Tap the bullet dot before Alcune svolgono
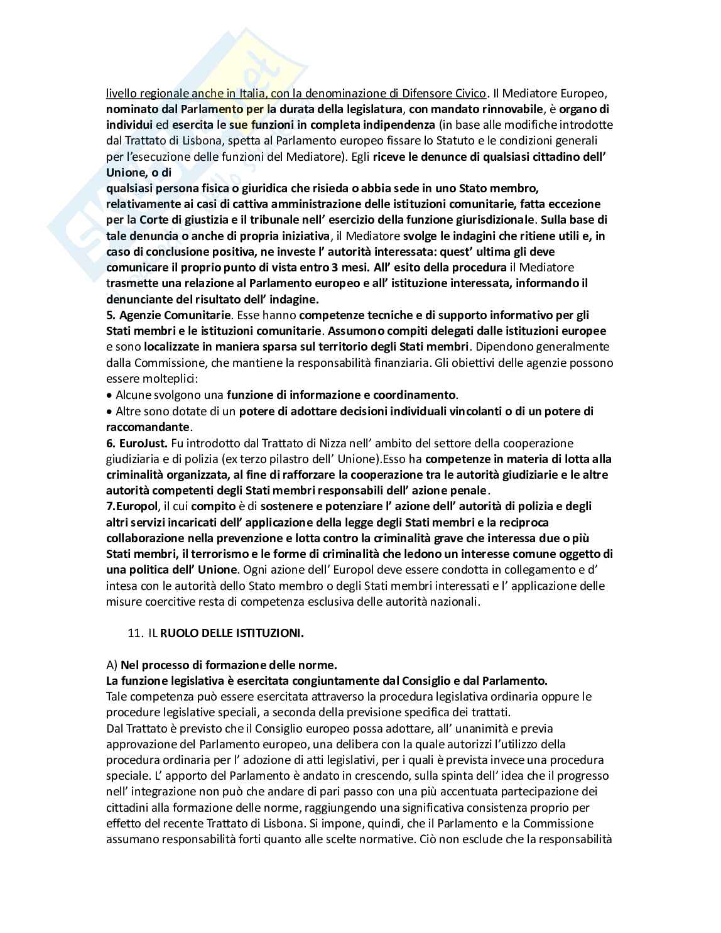pos(109,395)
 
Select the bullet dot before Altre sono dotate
pos(109,412)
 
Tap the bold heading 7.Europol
pos(129,506)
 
